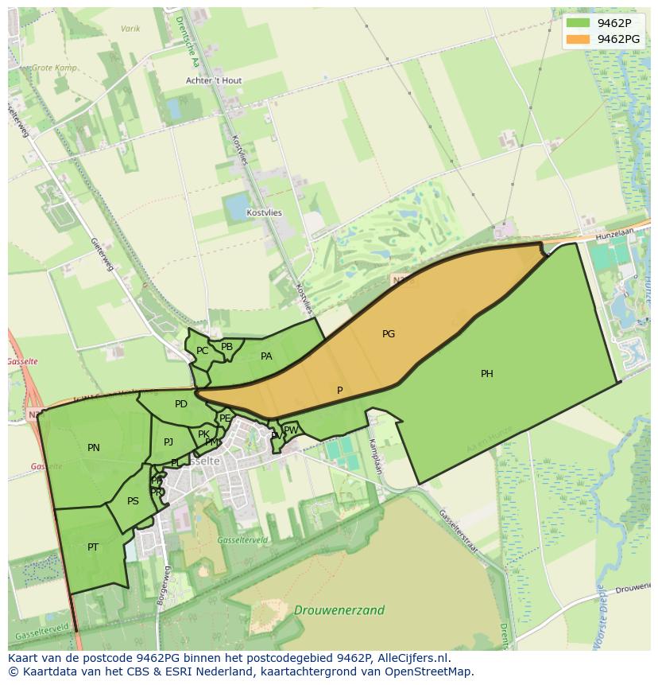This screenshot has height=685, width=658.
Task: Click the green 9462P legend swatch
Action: [578, 23]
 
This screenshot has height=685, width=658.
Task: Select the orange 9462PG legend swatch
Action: [578, 39]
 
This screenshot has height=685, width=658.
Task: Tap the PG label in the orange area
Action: [389, 334]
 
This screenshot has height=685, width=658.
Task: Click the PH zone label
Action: [486, 374]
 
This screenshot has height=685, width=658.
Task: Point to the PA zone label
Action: [266, 356]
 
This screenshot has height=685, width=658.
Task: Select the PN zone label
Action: [94, 448]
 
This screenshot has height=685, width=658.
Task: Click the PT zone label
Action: [93, 547]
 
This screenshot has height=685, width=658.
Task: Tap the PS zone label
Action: [133, 501]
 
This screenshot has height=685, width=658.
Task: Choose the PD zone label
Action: [181, 404]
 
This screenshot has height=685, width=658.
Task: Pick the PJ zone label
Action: [168, 442]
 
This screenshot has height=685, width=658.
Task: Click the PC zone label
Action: [202, 351]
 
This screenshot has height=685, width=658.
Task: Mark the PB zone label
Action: [227, 347]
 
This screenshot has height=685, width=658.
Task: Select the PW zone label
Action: [291, 430]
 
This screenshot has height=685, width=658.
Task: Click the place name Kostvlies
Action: [264, 213]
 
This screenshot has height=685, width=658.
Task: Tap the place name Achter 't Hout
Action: [214, 81]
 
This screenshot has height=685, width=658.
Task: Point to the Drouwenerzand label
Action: [339, 610]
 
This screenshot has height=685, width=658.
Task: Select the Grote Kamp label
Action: [54, 68]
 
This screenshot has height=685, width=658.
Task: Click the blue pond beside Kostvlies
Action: [237, 207]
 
